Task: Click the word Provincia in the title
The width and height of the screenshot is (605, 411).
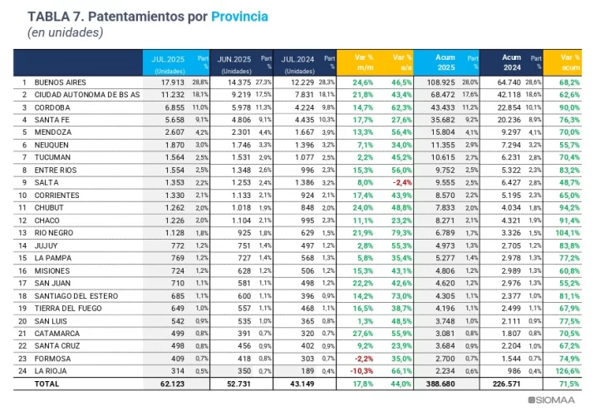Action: click(x=240, y=17)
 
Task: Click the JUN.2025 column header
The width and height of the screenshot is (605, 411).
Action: click(x=235, y=59)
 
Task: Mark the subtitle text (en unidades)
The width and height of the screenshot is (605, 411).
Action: click(x=66, y=32)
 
